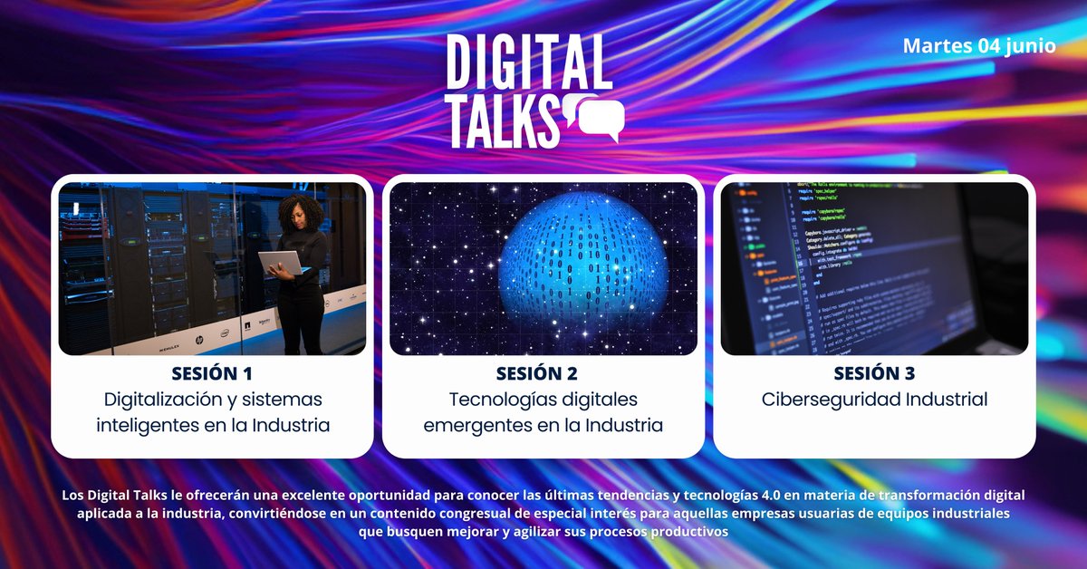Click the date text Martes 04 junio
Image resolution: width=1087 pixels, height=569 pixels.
tap(979, 46)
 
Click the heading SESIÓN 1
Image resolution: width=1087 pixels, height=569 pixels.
tap(212, 373)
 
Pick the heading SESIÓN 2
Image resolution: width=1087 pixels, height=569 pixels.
tap(543, 373)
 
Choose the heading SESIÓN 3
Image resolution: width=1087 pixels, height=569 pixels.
tap(874, 373)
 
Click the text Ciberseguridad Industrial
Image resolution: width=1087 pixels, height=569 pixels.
tap(874, 400)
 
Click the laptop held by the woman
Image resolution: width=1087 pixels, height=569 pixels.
tap(282, 263)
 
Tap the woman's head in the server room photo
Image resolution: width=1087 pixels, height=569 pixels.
tap(300, 214)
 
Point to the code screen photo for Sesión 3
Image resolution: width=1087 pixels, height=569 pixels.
tap(874, 269)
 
